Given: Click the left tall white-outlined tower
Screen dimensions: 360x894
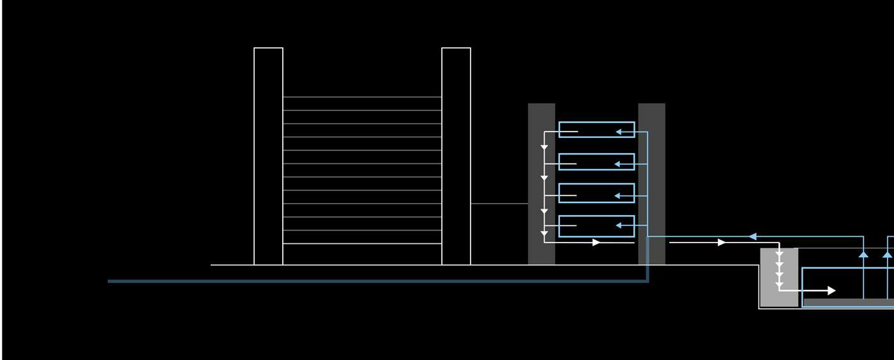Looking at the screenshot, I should coord(268,156).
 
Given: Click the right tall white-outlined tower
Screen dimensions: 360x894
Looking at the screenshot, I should coord(456,156).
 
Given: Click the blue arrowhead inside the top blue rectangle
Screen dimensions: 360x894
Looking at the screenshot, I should coord(619,132).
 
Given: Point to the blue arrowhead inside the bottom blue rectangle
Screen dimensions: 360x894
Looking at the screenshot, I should coord(619,225).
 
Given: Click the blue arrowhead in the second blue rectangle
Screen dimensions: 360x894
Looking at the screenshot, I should coord(617,164).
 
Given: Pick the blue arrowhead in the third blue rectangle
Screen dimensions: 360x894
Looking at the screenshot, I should coord(617,195).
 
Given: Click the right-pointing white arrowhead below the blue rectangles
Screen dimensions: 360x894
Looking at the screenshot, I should coord(596,243).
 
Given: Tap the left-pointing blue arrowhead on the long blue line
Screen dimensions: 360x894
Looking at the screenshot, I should coord(753,237).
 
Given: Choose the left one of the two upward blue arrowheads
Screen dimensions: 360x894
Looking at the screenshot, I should coord(863,254).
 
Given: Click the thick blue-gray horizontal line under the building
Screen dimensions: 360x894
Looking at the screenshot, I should coord(377,281).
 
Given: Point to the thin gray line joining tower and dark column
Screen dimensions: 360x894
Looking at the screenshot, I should coord(499,204).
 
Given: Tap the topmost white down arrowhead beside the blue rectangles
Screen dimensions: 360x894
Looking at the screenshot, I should coord(544,147).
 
